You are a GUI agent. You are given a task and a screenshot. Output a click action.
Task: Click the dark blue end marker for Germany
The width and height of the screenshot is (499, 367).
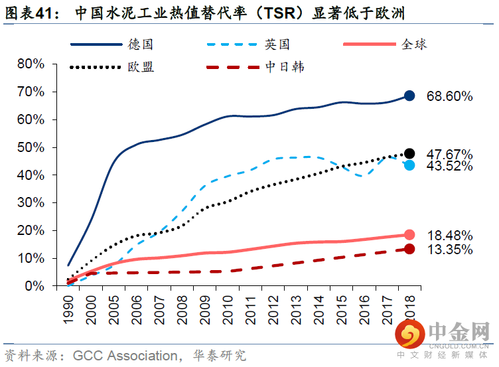409,96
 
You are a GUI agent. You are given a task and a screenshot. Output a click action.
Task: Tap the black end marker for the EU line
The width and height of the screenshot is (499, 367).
409,154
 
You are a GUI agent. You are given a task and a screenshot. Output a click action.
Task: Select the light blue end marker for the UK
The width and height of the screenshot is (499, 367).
409,165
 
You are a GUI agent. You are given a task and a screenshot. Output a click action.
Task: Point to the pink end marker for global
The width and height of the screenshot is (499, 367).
409,235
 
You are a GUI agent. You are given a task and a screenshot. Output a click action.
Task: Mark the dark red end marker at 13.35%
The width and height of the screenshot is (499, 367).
409,249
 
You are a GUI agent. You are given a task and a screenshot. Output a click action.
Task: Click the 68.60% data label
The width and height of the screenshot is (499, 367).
449,96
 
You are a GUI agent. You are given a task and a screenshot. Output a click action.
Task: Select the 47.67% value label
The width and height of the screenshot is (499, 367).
449,155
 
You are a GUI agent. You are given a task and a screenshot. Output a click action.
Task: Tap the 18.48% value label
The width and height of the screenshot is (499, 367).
449,236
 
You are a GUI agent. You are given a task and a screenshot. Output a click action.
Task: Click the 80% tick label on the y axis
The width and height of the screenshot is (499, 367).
31,64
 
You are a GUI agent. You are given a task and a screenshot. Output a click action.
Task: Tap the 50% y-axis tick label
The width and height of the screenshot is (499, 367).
31,147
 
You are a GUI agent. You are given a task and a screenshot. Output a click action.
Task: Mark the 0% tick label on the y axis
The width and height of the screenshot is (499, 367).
35,286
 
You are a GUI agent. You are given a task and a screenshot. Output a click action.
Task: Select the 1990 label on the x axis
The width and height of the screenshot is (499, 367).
68,310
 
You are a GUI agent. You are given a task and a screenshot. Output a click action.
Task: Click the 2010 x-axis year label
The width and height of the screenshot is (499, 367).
228,310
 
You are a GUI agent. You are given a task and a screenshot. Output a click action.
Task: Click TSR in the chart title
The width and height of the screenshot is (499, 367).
280,13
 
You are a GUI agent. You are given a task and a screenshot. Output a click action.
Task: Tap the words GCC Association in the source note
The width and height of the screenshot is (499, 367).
125,356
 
